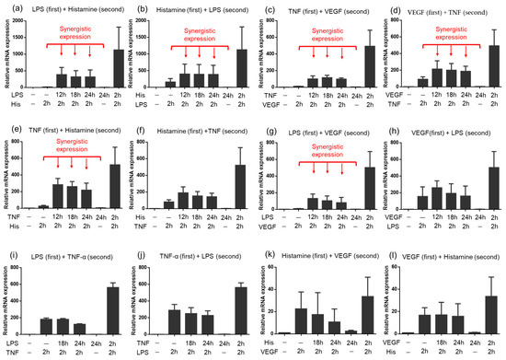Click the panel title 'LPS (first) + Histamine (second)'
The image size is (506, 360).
75,8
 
